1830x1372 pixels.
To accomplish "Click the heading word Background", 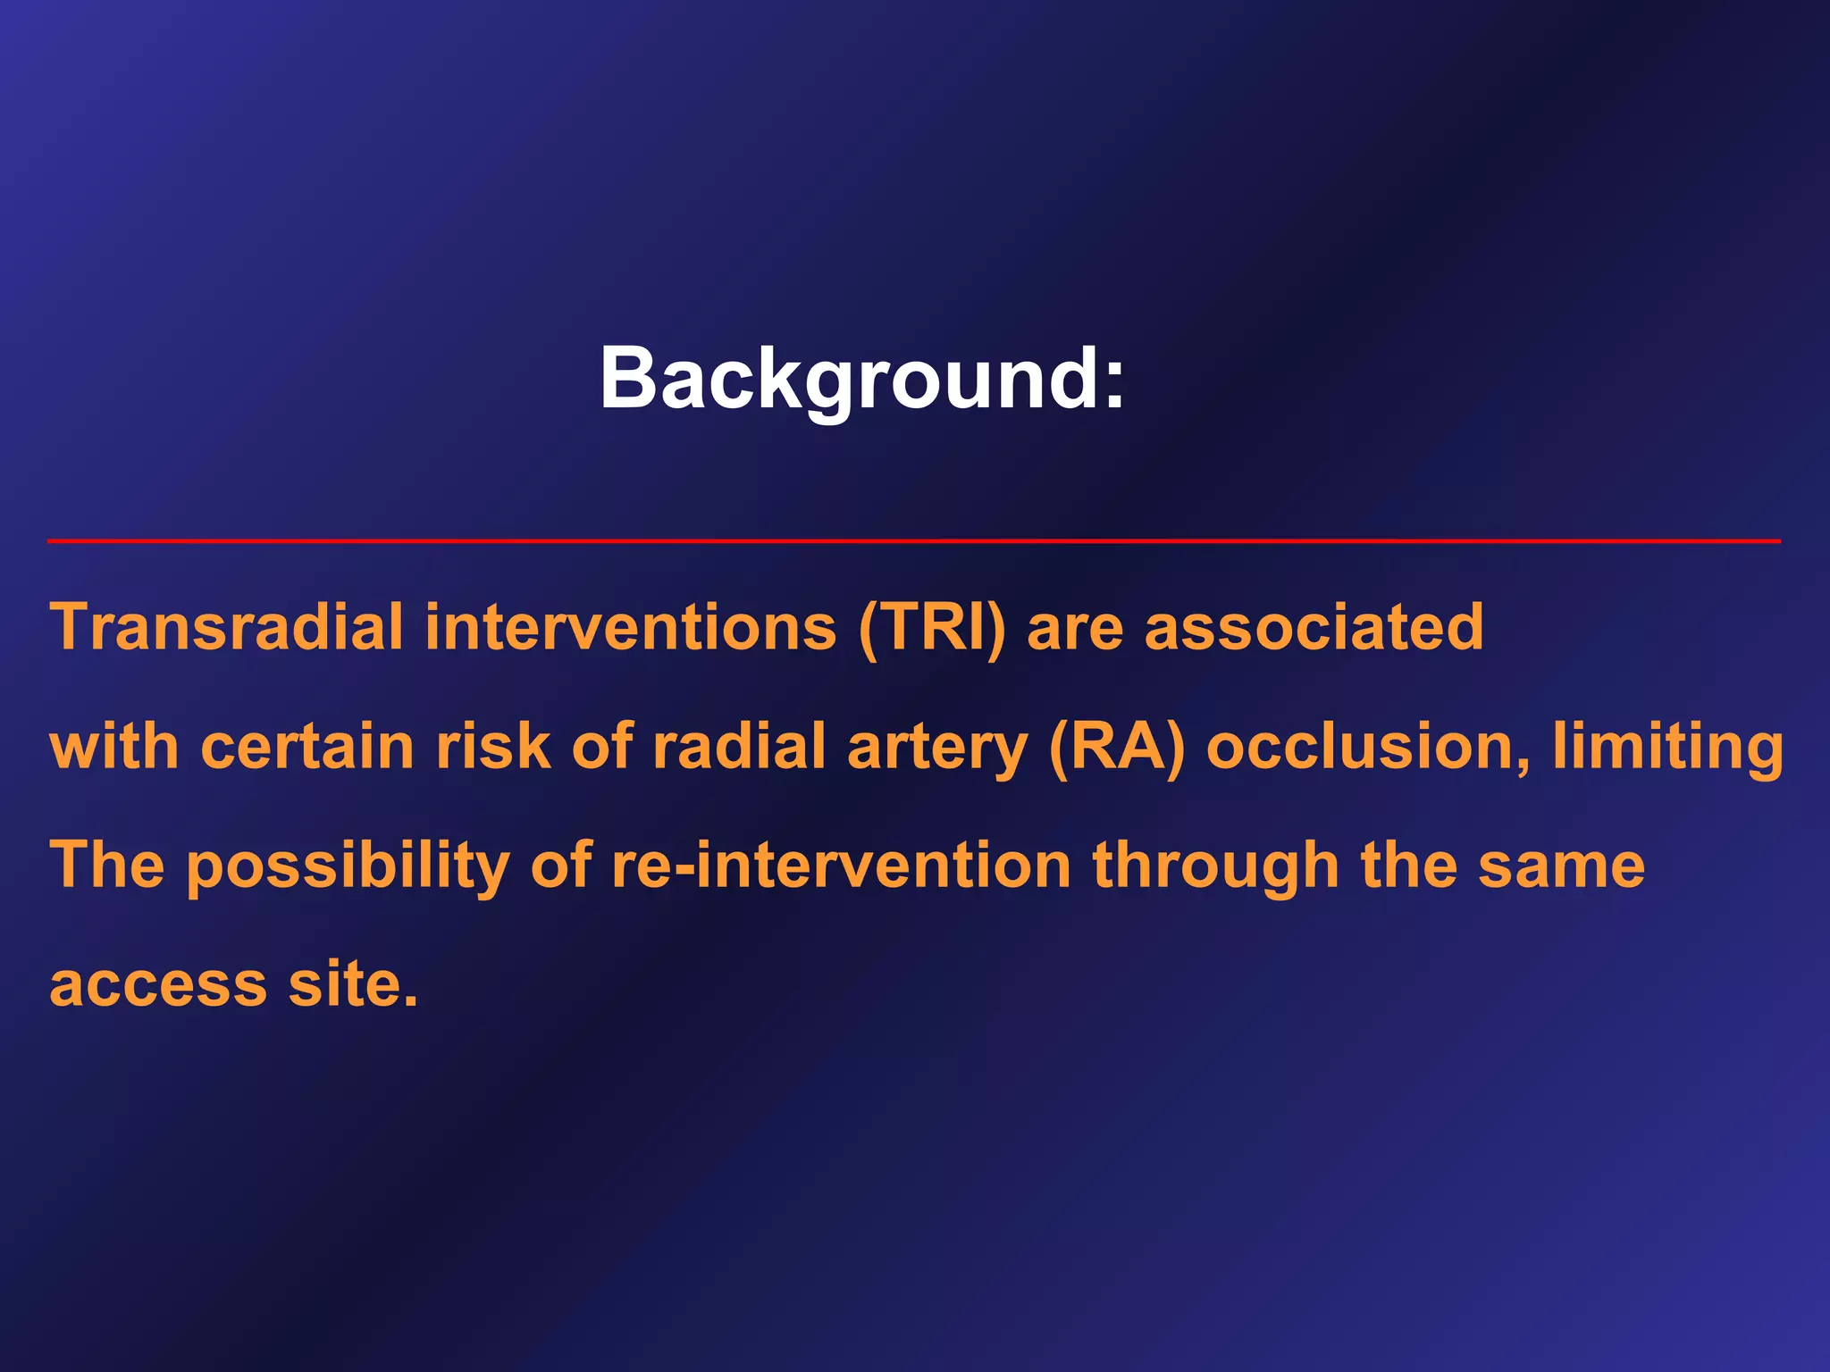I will pyautogui.click(x=860, y=379).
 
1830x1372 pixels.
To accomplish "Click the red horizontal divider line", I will pyautogui.click(x=913, y=541).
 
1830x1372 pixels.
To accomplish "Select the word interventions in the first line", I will pyautogui.click(x=630, y=627).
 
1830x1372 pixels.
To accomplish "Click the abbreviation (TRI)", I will pyautogui.click(x=932, y=629).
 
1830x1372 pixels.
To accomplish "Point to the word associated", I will pyautogui.click(x=1314, y=627).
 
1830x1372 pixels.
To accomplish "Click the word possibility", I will pyautogui.click(x=348, y=866).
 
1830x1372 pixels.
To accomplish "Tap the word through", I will pyautogui.click(x=1216, y=866).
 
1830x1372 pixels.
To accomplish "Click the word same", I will pyautogui.click(x=1561, y=866).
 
